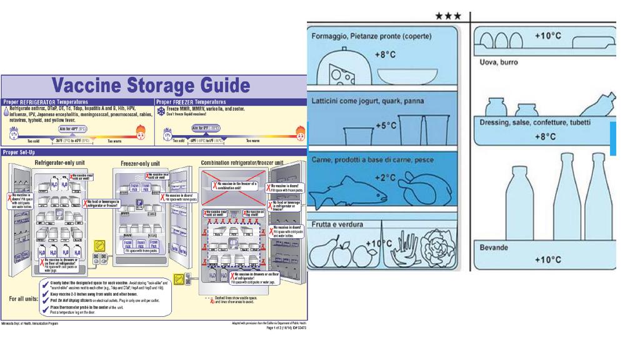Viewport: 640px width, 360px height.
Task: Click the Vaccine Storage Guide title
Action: (151, 86)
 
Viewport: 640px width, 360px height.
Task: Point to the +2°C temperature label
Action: (386, 178)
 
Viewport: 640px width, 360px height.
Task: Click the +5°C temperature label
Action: (386, 126)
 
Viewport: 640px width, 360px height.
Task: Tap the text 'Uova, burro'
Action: (498, 62)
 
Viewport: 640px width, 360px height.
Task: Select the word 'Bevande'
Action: (494, 247)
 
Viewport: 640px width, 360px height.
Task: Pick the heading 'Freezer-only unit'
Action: (144, 163)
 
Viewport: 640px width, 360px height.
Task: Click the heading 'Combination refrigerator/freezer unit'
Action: (242, 162)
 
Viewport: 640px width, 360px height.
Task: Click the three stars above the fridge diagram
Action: (448, 16)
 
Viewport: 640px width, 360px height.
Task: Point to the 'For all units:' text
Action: (24, 299)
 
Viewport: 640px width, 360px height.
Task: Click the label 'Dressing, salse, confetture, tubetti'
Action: (543, 122)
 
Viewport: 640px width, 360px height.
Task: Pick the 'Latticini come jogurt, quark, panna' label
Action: (367, 101)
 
